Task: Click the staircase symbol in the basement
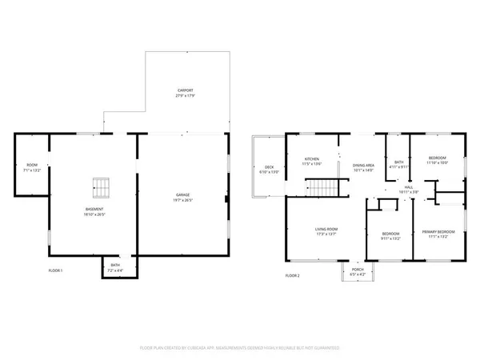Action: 100,188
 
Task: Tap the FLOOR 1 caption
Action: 55,270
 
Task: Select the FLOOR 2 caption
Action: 293,275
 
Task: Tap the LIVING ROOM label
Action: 326,231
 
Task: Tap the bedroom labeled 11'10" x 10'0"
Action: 438,160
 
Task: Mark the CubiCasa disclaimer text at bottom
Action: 240,348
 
